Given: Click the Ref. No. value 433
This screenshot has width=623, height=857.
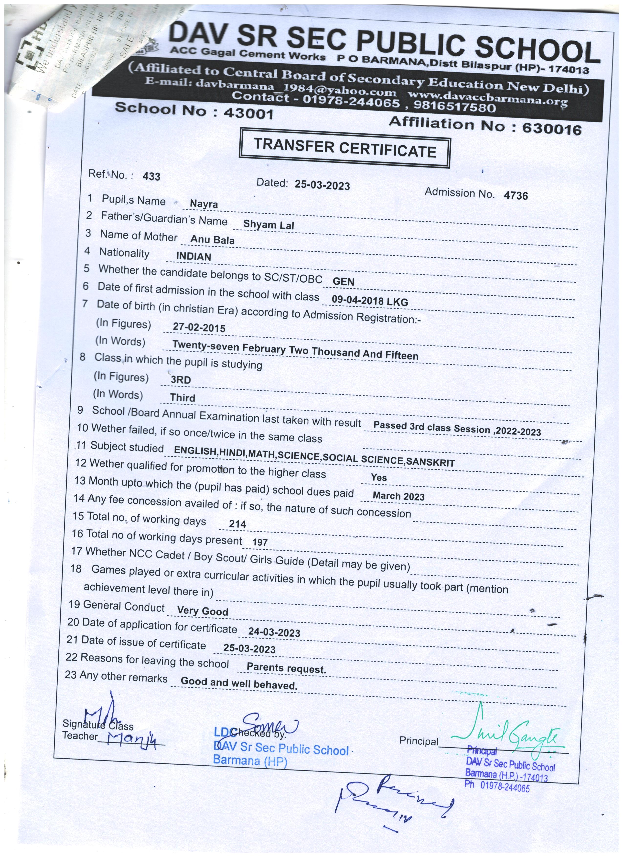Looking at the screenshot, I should tap(151, 176).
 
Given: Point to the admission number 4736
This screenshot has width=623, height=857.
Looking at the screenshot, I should tap(516, 195).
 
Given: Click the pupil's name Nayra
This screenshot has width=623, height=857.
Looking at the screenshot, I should tap(204, 204).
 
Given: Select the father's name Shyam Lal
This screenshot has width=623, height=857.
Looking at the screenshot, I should tap(269, 225).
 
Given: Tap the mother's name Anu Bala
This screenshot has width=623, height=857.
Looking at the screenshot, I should tap(212, 240).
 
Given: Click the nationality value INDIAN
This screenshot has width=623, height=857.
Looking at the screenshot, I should tap(193, 257).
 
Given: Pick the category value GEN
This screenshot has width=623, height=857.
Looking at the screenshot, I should tap(344, 281).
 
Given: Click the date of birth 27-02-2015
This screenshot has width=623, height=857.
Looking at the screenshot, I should tap(199, 327).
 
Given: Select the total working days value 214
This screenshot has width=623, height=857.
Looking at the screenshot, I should tap(237, 524).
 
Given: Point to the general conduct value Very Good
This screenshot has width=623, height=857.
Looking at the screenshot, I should tap(203, 611).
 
